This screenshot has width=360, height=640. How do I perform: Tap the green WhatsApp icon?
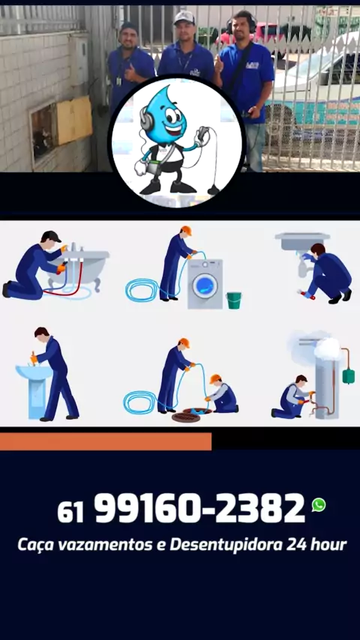point(319,505)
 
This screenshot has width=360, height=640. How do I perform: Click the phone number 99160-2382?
point(199,508)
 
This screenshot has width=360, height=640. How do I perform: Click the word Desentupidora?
point(226,545)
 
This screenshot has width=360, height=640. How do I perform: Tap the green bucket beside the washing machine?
point(233,300)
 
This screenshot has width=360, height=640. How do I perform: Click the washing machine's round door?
point(205,286)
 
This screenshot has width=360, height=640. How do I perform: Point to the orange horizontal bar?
point(106,441)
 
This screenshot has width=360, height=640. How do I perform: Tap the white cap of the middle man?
point(184,17)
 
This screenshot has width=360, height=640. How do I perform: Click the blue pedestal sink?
point(34,390)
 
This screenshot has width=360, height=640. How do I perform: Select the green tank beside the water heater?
point(348,376)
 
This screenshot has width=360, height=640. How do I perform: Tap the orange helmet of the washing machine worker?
point(186,231)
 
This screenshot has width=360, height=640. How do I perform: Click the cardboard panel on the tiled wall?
point(74,121)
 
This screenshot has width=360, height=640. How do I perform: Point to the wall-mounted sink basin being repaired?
point(302,241)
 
